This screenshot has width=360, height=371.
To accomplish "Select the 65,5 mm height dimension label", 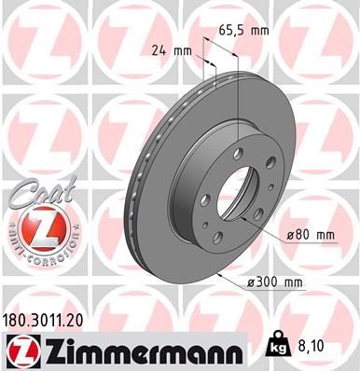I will pos(244,30).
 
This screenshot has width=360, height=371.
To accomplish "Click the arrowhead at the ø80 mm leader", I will pos(259,219).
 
